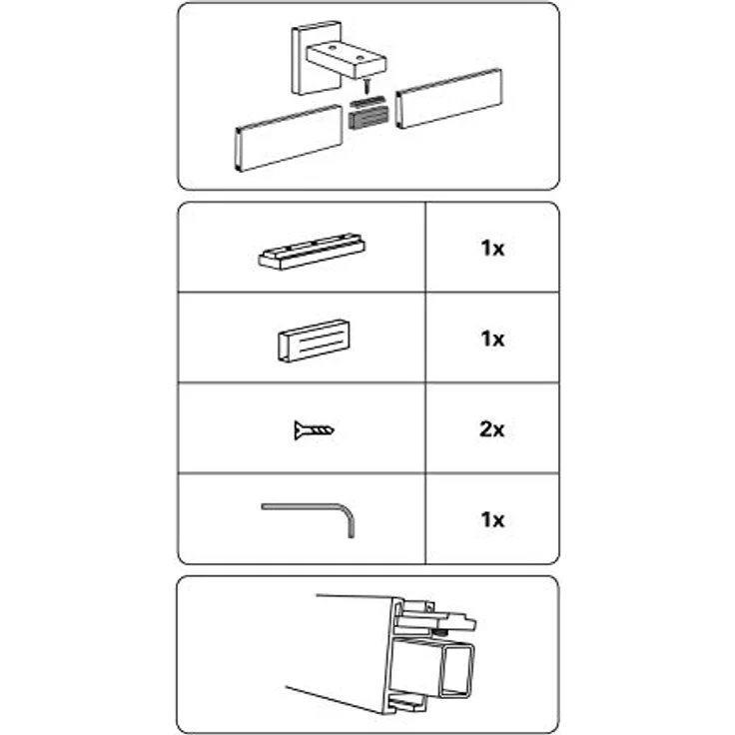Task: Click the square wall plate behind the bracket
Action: [305, 59]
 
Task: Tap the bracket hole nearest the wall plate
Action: [332, 48]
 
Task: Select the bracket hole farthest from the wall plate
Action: [360, 58]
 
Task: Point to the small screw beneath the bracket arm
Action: [367, 86]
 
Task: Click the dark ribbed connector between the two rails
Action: [367, 113]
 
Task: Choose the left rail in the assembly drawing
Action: [289, 138]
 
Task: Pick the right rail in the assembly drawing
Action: [448, 99]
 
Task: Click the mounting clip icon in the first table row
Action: [312, 252]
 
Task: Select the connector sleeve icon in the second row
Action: [314, 341]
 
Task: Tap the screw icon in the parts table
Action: [314, 429]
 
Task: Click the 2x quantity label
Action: [491, 429]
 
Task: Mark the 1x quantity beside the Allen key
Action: [492, 520]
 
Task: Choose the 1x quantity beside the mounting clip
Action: [492, 249]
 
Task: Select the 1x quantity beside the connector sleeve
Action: [492, 339]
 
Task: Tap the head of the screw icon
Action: [299, 430]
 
